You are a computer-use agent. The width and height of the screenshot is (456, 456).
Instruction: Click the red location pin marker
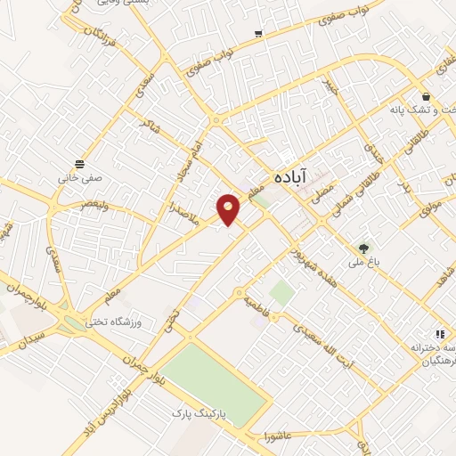pyautogui.click(x=229, y=208)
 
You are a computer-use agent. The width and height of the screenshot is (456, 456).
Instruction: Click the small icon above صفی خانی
pyautogui.click(x=80, y=164)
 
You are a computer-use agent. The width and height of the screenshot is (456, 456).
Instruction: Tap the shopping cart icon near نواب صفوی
pyautogui.click(x=258, y=34)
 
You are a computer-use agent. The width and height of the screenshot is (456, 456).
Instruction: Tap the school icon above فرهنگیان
pyautogui.click(x=439, y=333)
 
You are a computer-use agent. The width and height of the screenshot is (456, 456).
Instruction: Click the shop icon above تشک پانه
pyautogui.click(x=427, y=96)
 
